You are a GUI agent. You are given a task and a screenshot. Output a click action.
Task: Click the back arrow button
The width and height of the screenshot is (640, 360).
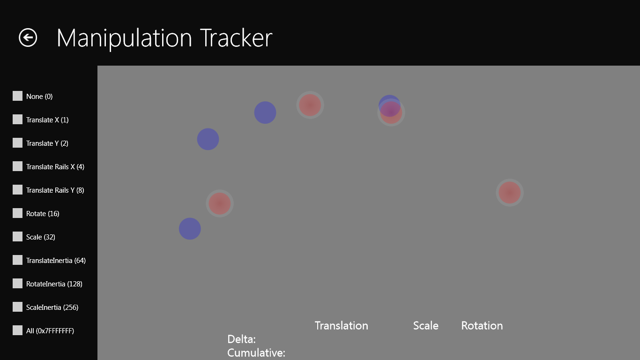pyautogui.click(x=28, y=37)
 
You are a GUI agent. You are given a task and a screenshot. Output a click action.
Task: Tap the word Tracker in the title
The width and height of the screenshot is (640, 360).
pyautogui.click(x=236, y=38)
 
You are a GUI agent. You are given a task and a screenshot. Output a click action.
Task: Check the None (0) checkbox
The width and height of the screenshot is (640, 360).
pyautogui.click(x=17, y=96)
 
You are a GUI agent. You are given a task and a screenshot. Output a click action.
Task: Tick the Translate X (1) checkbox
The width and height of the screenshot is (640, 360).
pyautogui.click(x=17, y=120)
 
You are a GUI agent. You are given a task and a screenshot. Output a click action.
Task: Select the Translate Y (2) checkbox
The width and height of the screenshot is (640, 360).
pyautogui.click(x=17, y=143)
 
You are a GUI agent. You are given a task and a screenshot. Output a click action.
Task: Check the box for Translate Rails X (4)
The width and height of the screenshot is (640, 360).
pyautogui.click(x=17, y=166)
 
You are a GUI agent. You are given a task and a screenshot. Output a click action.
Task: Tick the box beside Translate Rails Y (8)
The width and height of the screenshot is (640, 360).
pyautogui.click(x=17, y=190)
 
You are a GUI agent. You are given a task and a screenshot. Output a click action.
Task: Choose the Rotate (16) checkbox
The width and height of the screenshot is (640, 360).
pyautogui.click(x=17, y=213)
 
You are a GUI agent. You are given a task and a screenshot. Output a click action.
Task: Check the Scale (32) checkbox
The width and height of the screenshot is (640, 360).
pyautogui.click(x=17, y=237)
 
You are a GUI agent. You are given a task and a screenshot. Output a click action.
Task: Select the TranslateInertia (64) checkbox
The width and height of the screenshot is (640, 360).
pyautogui.click(x=17, y=260)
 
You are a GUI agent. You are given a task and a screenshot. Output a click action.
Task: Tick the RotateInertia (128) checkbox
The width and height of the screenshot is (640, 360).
pyautogui.click(x=17, y=284)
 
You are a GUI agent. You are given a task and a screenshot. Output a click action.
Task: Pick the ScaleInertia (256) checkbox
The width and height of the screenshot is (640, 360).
pyautogui.click(x=17, y=307)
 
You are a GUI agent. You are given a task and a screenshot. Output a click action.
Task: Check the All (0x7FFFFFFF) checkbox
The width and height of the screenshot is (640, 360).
pyautogui.click(x=17, y=330)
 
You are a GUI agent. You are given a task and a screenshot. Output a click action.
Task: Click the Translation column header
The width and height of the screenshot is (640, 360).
pyautogui.click(x=342, y=326)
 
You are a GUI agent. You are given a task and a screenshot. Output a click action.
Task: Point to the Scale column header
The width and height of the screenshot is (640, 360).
pyautogui.click(x=426, y=326)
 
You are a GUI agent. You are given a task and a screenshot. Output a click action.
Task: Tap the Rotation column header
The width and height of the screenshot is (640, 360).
pyautogui.click(x=482, y=326)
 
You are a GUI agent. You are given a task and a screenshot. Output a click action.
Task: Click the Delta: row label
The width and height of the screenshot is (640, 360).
pyautogui.click(x=241, y=339)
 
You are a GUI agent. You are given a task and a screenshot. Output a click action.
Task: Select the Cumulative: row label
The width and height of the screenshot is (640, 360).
pyautogui.click(x=256, y=353)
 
